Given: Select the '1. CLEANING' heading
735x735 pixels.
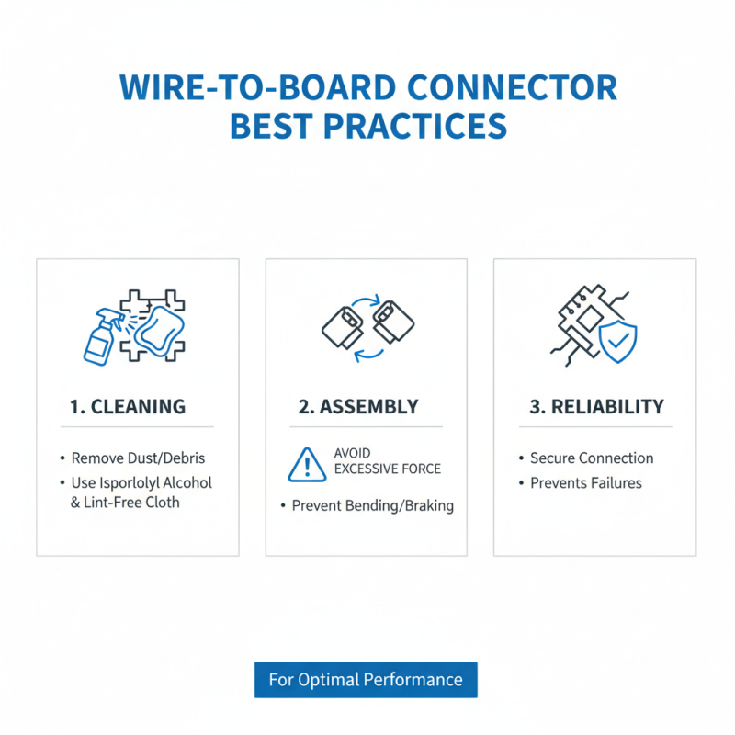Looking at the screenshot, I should click(x=128, y=406).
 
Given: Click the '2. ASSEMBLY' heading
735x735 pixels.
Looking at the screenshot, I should click(x=358, y=406).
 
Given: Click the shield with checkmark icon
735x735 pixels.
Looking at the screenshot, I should click(x=617, y=342).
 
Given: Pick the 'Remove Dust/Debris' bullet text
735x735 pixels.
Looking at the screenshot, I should click(x=136, y=458).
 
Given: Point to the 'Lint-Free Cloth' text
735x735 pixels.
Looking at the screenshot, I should click(x=131, y=503).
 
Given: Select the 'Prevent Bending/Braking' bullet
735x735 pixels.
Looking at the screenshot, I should click(x=372, y=506).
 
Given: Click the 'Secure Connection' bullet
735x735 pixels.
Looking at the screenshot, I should click(x=592, y=458).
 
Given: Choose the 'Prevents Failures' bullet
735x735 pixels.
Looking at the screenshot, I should click(x=586, y=483).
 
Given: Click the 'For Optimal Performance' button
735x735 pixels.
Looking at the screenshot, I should click(x=366, y=680).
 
